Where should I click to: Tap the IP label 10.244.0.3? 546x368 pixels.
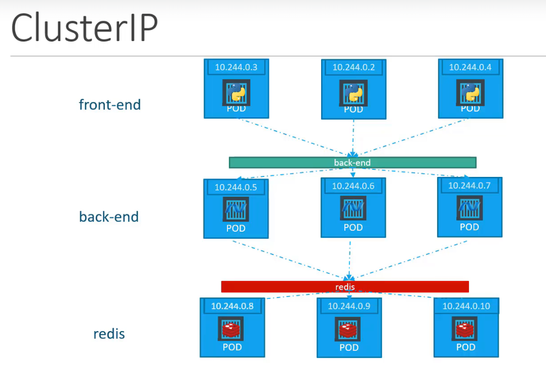click(x=236, y=67)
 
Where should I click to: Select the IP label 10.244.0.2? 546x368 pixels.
click(x=354, y=67)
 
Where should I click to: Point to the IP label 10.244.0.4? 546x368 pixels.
click(x=470, y=67)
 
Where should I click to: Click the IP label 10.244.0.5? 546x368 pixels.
click(x=236, y=188)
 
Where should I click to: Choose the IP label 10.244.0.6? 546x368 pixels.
click(x=353, y=186)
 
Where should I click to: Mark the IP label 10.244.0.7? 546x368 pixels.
click(x=469, y=186)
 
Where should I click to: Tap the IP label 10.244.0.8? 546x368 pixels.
click(x=232, y=306)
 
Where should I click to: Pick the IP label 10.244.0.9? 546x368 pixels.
click(x=349, y=306)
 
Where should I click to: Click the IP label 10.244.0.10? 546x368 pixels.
click(x=466, y=306)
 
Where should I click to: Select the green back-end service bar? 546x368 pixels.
click(x=353, y=163)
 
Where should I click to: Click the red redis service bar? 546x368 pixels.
click(x=345, y=287)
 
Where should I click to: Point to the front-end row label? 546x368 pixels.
click(x=110, y=105)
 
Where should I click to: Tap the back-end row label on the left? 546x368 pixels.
click(x=109, y=217)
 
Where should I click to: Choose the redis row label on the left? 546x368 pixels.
click(x=109, y=334)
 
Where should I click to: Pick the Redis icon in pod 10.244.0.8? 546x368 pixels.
click(x=232, y=330)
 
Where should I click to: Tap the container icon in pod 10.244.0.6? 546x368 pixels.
click(x=353, y=208)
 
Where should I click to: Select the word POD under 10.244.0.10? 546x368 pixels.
click(x=466, y=347)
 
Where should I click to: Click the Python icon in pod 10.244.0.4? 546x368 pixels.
click(x=470, y=93)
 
